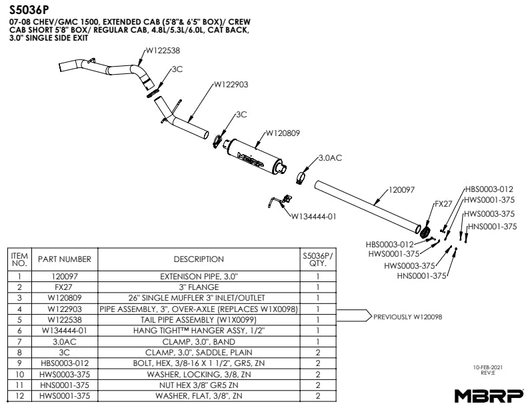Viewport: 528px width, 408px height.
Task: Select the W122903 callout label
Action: click(x=231, y=85)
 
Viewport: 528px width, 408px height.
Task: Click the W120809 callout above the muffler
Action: click(x=283, y=133)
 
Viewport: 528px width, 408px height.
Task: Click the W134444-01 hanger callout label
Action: click(x=313, y=216)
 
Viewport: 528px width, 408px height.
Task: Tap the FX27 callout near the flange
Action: click(x=443, y=204)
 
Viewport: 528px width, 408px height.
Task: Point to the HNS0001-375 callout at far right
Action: click(x=492, y=227)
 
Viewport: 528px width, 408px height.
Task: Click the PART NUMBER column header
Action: click(x=64, y=259)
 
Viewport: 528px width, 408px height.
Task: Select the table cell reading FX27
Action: click(x=64, y=287)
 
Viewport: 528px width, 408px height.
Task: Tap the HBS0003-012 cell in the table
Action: click(x=64, y=363)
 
